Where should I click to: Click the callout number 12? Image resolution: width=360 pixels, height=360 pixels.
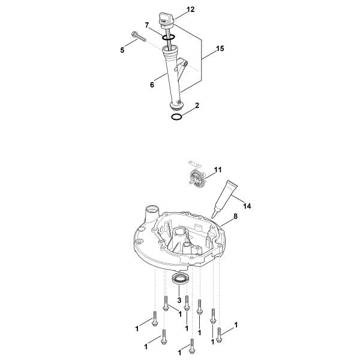[x=190, y=10]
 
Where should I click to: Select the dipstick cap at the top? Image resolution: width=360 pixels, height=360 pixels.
[x=166, y=20]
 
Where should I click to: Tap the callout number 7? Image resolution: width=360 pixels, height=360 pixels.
[x=147, y=25]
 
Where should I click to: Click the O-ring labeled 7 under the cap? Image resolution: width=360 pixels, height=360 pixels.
[x=168, y=37]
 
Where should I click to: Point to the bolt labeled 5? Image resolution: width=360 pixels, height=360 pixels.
[x=139, y=37]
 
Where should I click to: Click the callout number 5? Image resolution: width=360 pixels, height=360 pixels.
[x=122, y=50]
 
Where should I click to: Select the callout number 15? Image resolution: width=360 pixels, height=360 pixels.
[x=220, y=49]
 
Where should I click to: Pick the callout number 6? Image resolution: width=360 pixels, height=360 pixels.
[x=152, y=85]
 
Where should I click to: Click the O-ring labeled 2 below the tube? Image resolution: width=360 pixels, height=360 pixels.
[x=177, y=117]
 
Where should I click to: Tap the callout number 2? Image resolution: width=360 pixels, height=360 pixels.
[x=197, y=106]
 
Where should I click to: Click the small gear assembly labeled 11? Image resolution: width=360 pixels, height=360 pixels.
[x=198, y=176]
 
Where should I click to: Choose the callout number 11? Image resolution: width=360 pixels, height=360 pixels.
[x=218, y=170]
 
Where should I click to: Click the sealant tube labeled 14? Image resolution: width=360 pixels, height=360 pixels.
[x=224, y=197]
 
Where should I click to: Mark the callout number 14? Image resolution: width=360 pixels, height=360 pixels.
[x=247, y=206]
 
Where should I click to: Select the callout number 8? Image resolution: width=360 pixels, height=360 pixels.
[x=235, y=216]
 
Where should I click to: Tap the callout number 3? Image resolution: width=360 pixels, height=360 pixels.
[x=179, y=300]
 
